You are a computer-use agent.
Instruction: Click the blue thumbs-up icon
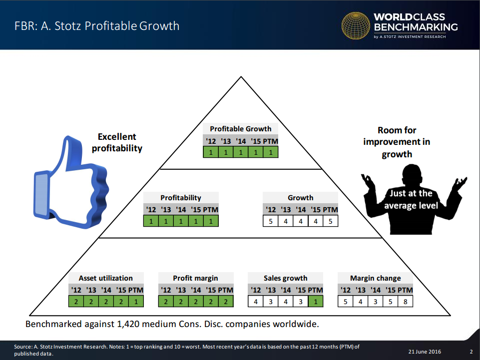pyautogui.click(x=71, y=183)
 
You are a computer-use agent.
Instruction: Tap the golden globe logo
pyautogui.click(x=356, y=26)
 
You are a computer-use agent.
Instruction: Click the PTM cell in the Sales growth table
pyautogui.click(x=316, y=302)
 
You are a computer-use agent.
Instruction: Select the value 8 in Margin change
pyautogui.click(x=405, y=302)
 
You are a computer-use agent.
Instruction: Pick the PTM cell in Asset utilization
pyautogui.click(x=136, y=302)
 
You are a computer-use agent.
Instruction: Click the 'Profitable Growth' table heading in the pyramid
pyautogui.click(x=241, y=129)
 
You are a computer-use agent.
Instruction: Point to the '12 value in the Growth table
pyautogui.click(x=271, y=221)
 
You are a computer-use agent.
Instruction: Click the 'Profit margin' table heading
pyautogui.click(x=196, y=278)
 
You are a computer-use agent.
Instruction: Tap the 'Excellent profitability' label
pyautogui.click(x=117, y=142)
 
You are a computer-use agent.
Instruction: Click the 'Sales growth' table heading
pyautogui.click(x=286, y=278)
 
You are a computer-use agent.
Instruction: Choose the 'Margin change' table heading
pyautogui.click(x=376, y=278)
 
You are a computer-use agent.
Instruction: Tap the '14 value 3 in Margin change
pyautogui.click(x=375, y=302)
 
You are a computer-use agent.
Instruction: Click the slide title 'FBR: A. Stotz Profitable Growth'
pyautogui.click(x=97, y=26)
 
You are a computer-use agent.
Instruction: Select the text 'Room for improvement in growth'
pyautogui.click(x=397, y=142)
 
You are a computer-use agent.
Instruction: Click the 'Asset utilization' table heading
pyautogui.click(x=105, y=278)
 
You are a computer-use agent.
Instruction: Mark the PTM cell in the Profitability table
pyautogui.click(x=211, y=221)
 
